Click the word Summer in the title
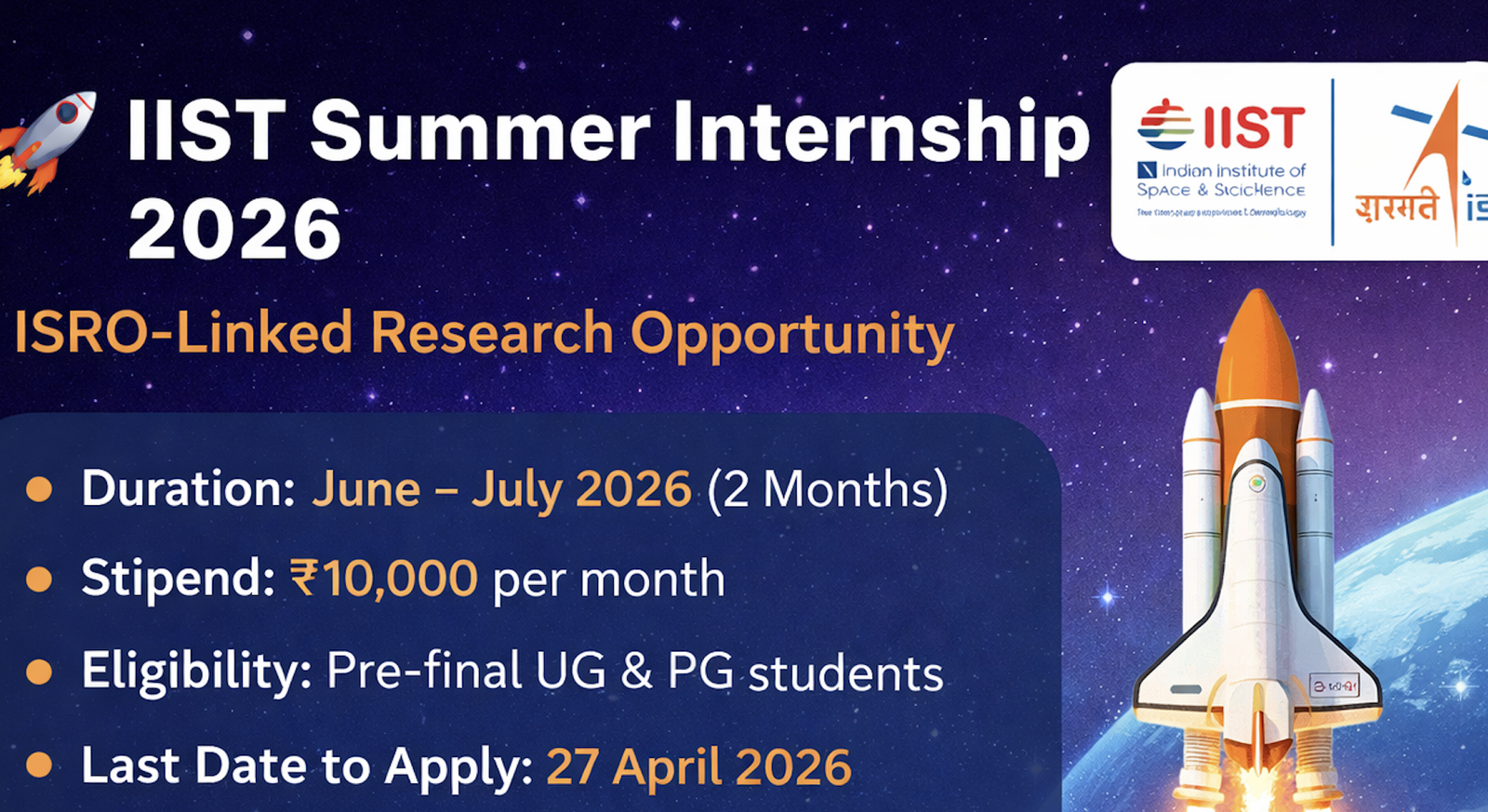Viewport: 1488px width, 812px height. point(480,133)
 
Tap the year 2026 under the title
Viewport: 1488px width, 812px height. point(234,230)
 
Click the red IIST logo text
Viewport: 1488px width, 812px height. point(1254,126)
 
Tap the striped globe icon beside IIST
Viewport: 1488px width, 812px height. point(1165,125)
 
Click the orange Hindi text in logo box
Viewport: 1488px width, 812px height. point(1396,206)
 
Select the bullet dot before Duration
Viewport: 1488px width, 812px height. point(39,488)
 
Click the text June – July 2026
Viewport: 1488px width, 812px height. point(501,489)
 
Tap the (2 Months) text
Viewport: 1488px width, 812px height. point(827,489)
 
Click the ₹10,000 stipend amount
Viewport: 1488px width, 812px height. point(384,579)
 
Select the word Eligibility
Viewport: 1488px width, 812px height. point(196,671)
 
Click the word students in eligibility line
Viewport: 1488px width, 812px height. point(845,673)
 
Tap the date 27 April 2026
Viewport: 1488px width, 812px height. point(698,767)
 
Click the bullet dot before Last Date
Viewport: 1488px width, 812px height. point(39,765)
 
